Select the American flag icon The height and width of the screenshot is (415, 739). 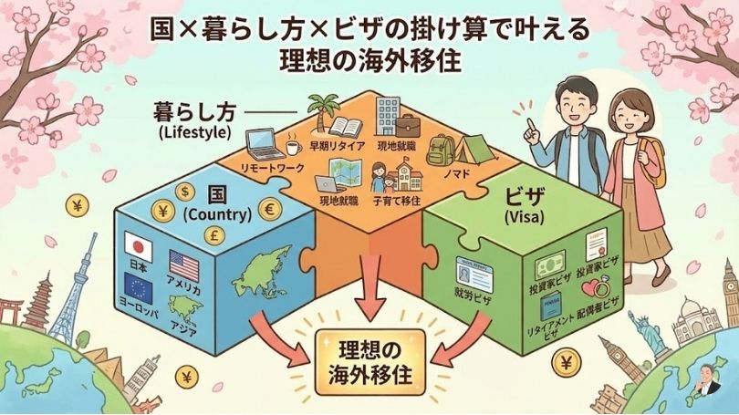(x=183, y=266)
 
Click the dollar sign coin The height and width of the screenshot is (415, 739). (x=184, y=192)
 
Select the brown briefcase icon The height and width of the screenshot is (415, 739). (x=407, y=125)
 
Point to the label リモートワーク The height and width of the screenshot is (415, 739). (x=270, y=170)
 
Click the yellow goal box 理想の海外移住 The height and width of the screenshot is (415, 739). (x=370, y=363)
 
